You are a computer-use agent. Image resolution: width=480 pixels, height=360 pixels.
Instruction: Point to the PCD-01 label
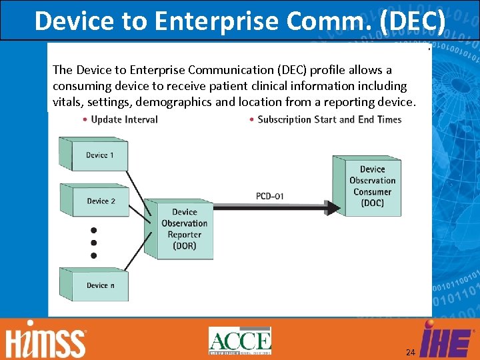point(270,196)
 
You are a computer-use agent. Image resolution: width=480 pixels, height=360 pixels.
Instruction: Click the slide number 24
point(411,352)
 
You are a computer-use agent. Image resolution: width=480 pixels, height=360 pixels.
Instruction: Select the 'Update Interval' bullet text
point(124,119)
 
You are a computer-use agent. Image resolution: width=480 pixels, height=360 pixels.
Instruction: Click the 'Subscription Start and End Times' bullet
point(329,119)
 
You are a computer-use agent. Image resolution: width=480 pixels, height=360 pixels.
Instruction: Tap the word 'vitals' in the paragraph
point(67,102)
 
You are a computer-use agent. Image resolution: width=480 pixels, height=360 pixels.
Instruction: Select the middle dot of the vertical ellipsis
point(93,243)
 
